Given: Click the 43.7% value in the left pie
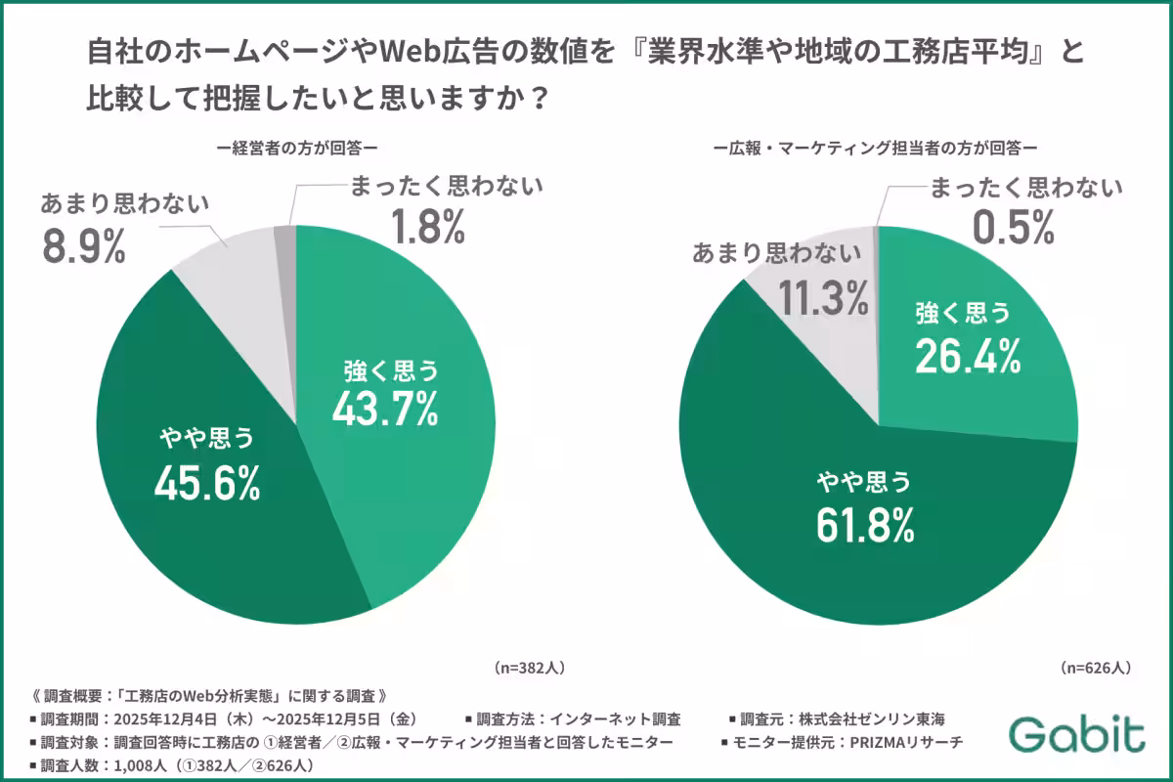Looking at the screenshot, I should click(x=384, y=411).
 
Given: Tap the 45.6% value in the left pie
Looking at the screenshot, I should click(x=207, y=483).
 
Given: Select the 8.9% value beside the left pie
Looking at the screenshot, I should click(x=84, y=247).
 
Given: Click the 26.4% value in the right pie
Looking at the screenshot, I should click(x=968, y=356).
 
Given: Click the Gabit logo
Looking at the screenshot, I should click(x=1077, y=733).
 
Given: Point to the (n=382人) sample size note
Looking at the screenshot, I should click(x=529, y=668).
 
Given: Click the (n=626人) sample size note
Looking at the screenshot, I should click(x=1096, y=668).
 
